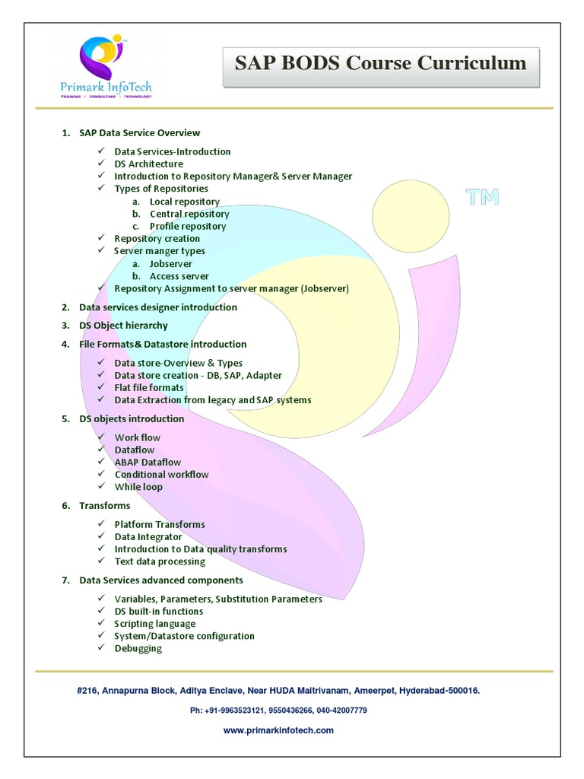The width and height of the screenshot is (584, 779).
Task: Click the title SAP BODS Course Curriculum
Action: coord(380,63)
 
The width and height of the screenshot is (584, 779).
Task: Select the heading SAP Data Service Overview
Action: coord(139,132)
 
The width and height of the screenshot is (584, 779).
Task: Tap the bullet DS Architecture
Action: coord(148,164)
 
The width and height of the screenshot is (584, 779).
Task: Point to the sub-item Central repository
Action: coord(189,214)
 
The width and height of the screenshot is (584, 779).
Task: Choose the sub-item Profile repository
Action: coord(188,226)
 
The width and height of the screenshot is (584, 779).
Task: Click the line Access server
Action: coord(179,276)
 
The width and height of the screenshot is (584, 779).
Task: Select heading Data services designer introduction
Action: coord(158,307)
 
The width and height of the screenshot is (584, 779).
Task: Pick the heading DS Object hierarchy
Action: coord(123,326)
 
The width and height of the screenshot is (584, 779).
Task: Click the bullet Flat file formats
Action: coord(149,387)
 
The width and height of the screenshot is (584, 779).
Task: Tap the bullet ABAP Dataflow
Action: coord(148,462)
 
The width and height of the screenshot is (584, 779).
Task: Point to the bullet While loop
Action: coord(138,487)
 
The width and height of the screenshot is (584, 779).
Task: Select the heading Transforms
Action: coord(104,506)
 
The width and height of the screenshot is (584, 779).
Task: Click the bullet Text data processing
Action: coord(160,561)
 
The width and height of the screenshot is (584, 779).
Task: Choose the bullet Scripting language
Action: coord(154,624)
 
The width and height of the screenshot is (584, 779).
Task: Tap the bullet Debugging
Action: coord(138,648)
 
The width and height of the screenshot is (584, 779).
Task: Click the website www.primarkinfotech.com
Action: coord(278,730)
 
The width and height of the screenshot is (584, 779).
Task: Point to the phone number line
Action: coord(278,710)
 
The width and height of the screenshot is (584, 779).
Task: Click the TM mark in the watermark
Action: coord(483,198)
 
